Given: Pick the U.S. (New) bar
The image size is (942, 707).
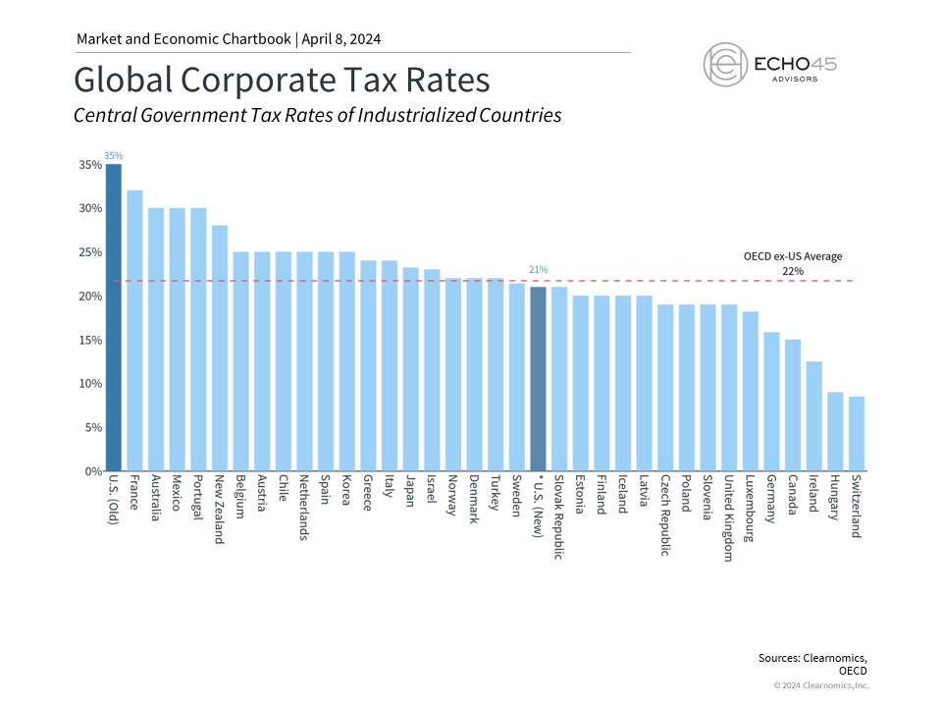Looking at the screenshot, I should [x=538, y=379].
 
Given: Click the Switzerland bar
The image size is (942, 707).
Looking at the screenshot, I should [x=857, y=433].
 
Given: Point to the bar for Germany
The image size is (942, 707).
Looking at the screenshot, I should [x=771, y=402].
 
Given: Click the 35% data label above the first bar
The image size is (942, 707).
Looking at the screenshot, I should [x=114, y=155].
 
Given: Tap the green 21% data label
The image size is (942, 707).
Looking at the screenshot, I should [x=538, y=269].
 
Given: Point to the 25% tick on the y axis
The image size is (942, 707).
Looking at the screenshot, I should [x=90, y=252].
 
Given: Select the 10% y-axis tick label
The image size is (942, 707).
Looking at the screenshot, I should [x=90, y=384].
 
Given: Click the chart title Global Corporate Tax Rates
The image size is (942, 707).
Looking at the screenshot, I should [x=282, y=80].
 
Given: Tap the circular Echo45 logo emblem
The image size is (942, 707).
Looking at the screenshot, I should [x=725, y=65].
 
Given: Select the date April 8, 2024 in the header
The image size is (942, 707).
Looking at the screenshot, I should [x=339, y=39].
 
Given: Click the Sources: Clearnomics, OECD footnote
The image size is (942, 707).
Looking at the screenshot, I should [x=813, y=663].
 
